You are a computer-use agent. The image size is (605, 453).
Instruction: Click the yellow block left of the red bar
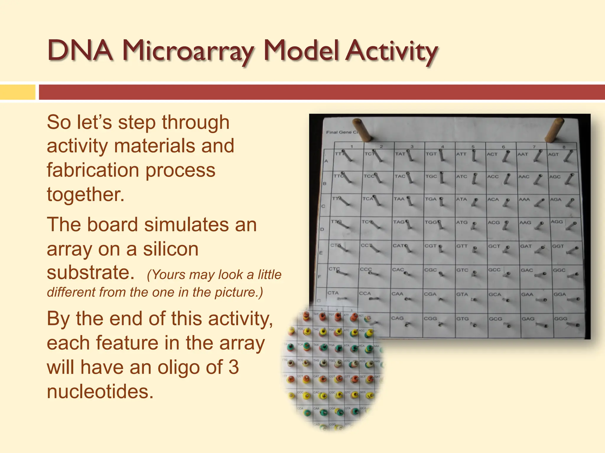click(17, 92)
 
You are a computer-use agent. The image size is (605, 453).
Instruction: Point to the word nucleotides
click(100, 392)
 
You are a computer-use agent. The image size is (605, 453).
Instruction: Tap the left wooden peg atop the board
click(362, 129)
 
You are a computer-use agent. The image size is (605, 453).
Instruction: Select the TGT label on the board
click(431, 154)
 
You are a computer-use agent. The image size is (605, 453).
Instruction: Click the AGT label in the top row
click(553, 154)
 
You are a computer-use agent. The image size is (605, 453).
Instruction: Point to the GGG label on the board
click(560, 319)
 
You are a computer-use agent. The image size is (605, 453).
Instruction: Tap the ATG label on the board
click(462, 222)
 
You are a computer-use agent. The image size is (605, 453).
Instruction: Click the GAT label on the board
click(526, 246)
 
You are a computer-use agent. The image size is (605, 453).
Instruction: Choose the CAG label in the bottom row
click(397, 318)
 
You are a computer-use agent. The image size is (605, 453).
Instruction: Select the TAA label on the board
click(399, 199)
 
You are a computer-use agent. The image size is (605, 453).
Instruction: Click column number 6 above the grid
click(503, 147)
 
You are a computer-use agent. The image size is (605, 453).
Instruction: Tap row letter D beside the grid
click(322, 229)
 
